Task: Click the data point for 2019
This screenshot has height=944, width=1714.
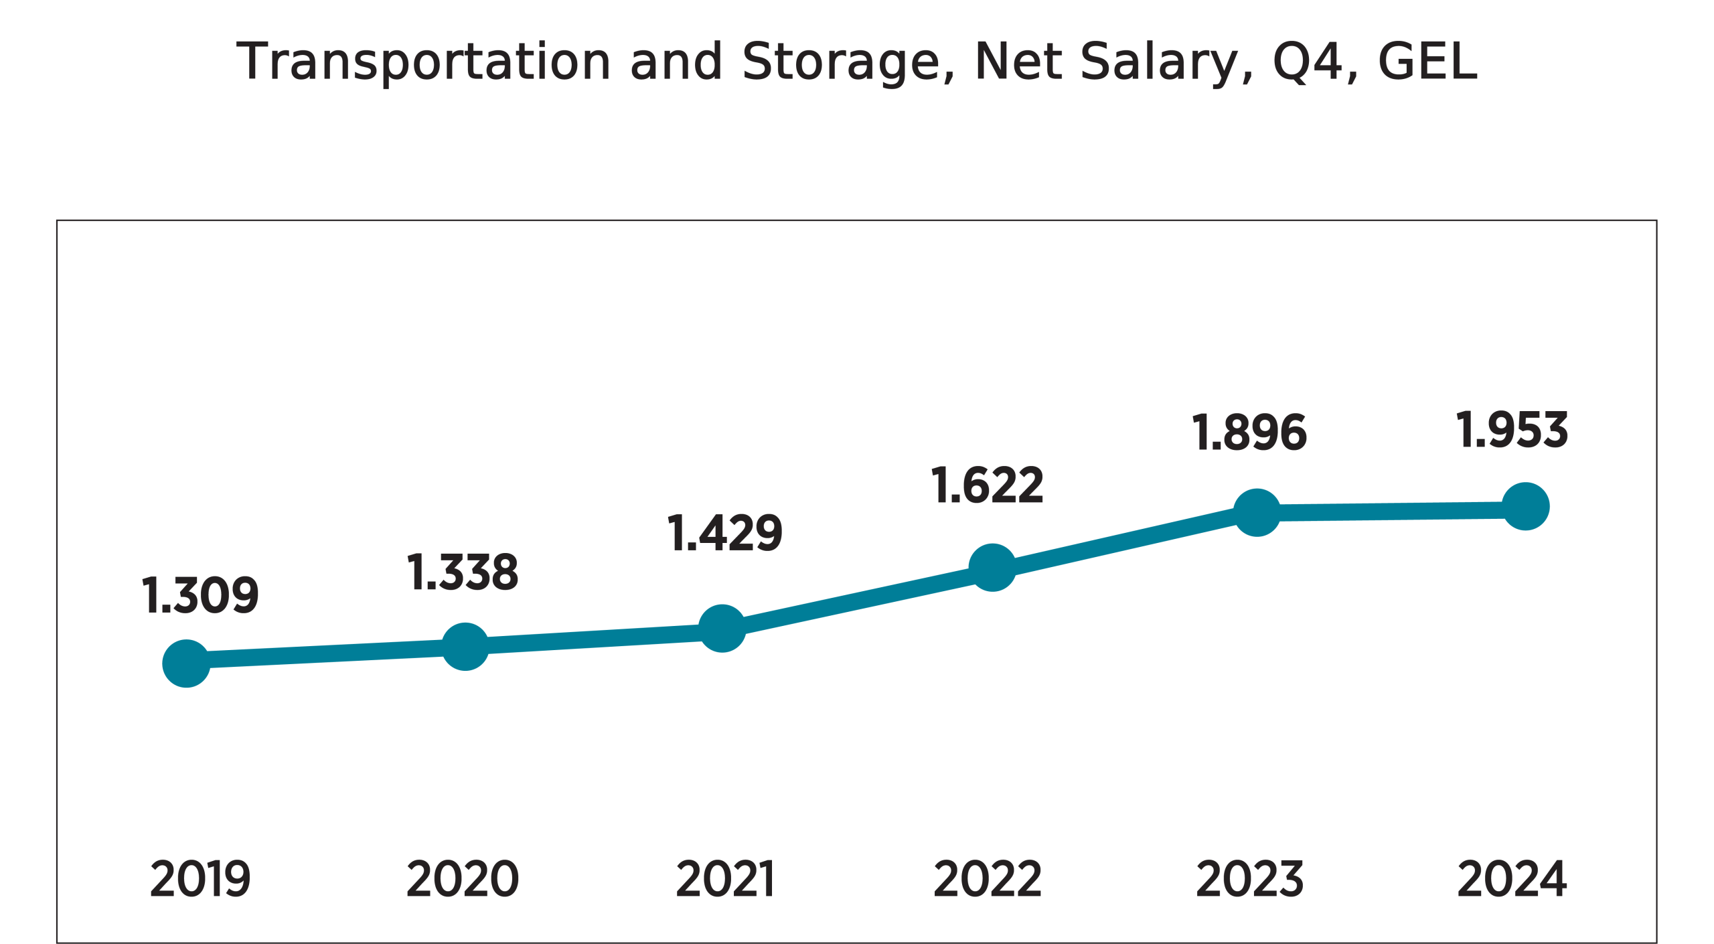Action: click(186, 663)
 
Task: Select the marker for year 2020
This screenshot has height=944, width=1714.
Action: click(465, 646)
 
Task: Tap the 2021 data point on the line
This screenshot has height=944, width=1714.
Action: click(722, 627)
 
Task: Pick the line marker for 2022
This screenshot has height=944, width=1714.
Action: click(992, 567)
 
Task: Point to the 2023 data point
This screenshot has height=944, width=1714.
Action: click(1257, 512)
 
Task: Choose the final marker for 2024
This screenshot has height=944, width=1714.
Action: click(1525, 505)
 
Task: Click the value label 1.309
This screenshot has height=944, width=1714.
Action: click(200, 595)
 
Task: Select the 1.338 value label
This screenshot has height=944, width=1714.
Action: click(463, 572)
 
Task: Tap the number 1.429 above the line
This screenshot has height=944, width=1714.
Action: click(725, 533)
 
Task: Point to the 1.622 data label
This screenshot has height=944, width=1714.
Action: click(988, 485)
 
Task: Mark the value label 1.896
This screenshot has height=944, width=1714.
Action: click(1249, 432)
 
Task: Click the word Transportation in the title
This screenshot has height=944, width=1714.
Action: click(423, 62)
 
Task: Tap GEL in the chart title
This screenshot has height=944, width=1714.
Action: click(1427, 62)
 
